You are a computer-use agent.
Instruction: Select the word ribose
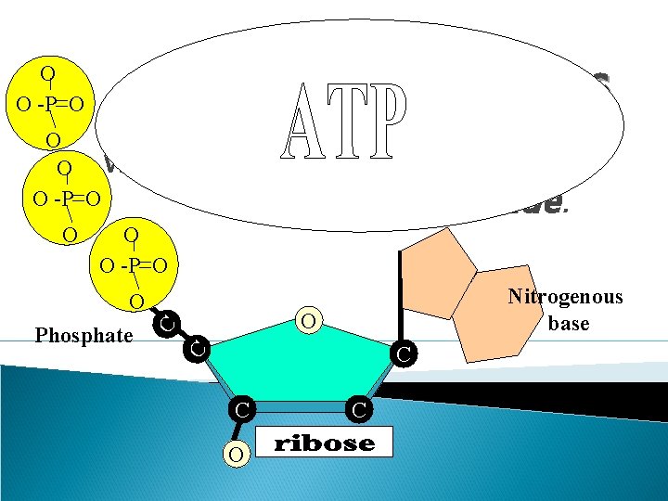tap(325, 443)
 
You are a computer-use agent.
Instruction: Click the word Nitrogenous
tap(565, 297)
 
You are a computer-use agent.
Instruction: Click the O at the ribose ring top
tap(309, 320)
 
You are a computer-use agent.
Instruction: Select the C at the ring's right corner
tap(403, 354)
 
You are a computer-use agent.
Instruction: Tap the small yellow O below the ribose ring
tap(238, 453)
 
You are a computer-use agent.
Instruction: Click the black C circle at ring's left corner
tap(196, 350)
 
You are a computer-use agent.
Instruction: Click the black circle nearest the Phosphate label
tap(166, 324)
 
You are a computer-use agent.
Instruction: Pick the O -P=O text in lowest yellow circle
tap(135, 266)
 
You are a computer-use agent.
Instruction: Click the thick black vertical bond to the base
tap(401, 297)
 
